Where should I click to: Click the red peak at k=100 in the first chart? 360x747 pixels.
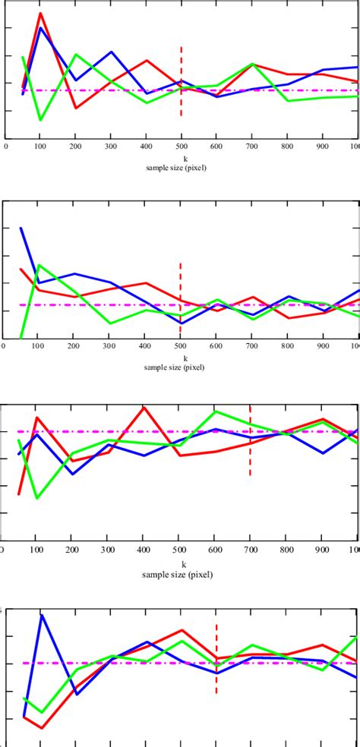coord(41,14)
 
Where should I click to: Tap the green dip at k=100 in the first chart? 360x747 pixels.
coord(40,119)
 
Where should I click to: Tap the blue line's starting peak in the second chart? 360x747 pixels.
coord(21,229)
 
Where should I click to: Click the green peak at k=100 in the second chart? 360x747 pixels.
coord(39,265)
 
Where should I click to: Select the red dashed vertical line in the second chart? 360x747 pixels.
coord(181,296)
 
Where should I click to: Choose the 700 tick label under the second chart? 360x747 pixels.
coord(253,351)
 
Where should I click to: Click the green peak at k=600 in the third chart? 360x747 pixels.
coord(216,411)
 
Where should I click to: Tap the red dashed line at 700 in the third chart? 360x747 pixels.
coord(250,440)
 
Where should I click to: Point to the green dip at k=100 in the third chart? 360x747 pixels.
coord(37,498)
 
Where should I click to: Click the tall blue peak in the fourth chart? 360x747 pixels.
coord(43,615)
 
